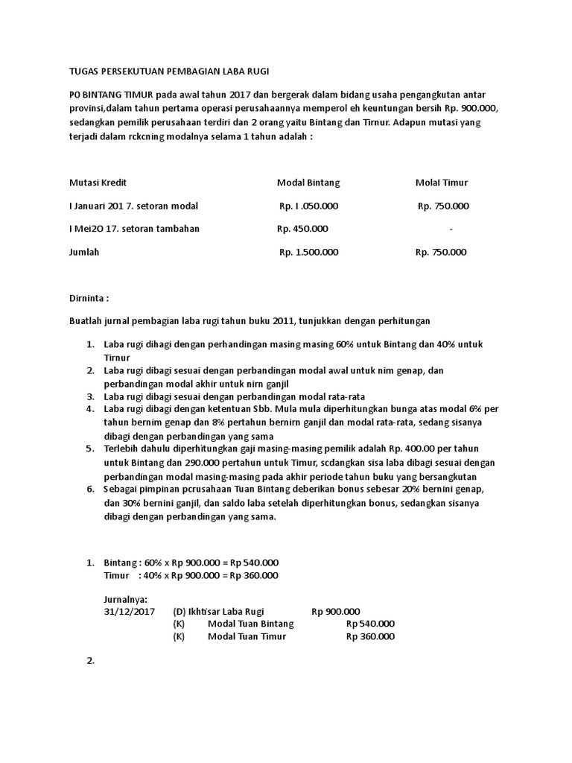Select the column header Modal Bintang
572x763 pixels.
pos(308,183)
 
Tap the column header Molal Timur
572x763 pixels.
pos(442,183)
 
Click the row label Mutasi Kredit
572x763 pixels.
pos(103,183)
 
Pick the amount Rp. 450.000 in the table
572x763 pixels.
pos(302,229)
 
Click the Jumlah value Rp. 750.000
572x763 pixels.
pos(442,252)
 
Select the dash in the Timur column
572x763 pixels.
pos(451,229)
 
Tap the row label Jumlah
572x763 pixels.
pos(84,252)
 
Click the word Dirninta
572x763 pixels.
pos(89,298)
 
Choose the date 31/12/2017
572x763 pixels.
pos(129,610)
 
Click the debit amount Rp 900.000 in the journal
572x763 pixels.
pos(336,610)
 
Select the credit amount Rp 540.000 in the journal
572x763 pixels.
pos(370,624)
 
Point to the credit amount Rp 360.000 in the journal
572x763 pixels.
pos(370,636)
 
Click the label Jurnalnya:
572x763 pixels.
pos(126,598)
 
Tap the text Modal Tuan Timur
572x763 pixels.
pos(247,636)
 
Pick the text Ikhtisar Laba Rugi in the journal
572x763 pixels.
pos(224,610)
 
